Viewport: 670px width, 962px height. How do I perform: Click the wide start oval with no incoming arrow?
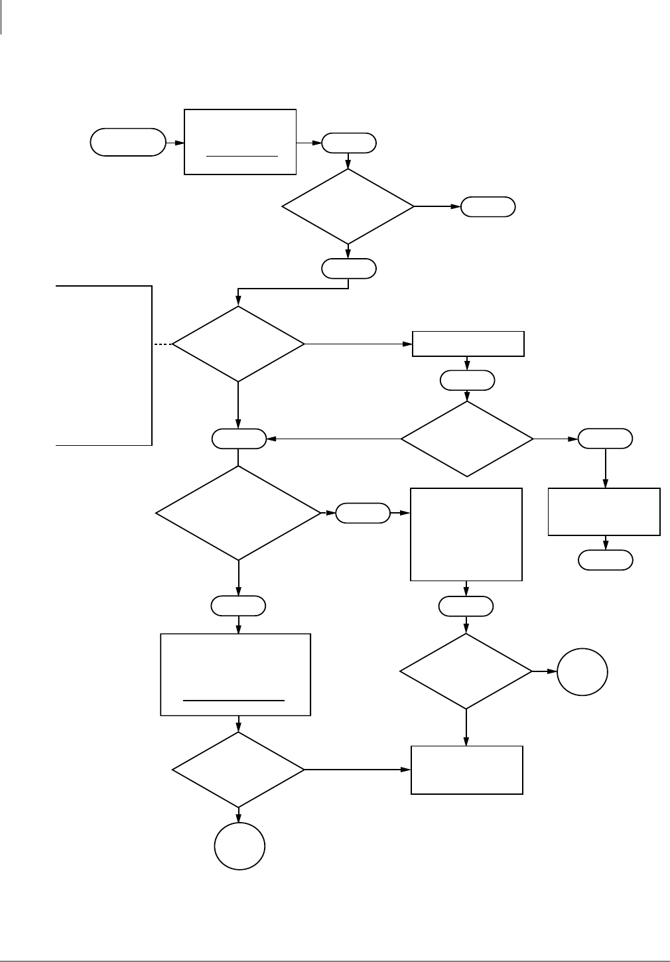[x=128, y=142]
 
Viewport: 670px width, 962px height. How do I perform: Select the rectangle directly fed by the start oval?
[x=239, y=142]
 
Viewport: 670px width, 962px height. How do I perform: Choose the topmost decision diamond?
[x=348, y=206]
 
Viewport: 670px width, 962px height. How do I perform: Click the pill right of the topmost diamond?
[x=488, y=207]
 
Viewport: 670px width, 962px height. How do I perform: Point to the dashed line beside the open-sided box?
[x=162, y=344]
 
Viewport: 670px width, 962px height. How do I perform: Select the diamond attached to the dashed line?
[x=238, y=344]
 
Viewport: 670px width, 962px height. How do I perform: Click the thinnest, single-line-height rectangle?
[x=468, y=344]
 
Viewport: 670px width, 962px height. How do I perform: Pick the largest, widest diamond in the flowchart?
[x=238, y=513]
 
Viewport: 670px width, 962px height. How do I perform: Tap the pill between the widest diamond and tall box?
[x=363, y=514]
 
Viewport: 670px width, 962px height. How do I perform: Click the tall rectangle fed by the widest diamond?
[x=466, y=534]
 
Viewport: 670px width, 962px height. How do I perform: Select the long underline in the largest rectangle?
[x=234, y=700]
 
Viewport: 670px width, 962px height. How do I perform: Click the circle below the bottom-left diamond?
[x=239, y=846]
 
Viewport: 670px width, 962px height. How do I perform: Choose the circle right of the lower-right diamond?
[x=582, y=671]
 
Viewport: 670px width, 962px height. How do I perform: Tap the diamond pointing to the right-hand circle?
[x=466, y=671]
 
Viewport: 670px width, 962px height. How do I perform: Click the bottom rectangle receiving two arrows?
[x=467, y=770]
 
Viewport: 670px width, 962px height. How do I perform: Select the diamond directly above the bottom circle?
[x=238, y=770]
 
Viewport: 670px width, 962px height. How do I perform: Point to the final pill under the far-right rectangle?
[x=606, y=561]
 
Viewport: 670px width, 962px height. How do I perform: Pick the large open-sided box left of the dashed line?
[x=104, y=365]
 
